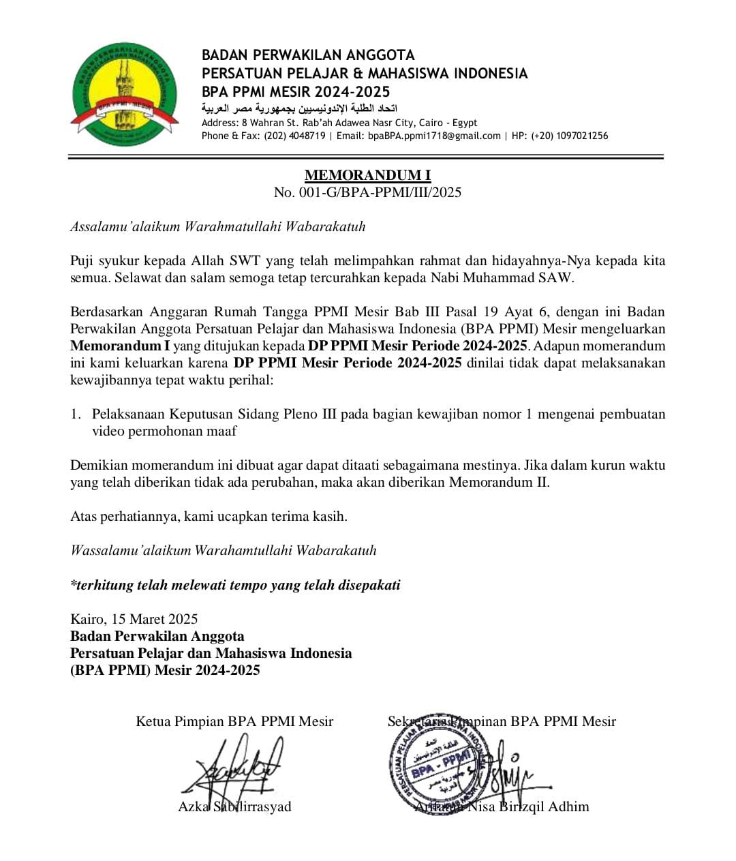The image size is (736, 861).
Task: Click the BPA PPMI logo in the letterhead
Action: [x=124, y=93]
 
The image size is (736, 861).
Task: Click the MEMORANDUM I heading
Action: [x=367, y=175]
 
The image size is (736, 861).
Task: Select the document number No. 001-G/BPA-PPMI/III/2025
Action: [x=367, y=192]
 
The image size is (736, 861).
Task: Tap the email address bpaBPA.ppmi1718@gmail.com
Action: [x=435, y=136]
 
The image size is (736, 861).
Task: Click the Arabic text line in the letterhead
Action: [x=300, y=108]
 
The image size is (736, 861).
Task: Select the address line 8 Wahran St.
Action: [x=339, y=123]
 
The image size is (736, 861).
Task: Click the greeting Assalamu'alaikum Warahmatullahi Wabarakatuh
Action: [x=218, y=226]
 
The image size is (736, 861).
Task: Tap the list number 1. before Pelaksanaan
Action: [x=76, y=414]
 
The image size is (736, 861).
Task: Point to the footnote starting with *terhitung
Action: [x=235, y=585]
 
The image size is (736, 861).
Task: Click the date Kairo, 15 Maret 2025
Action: [x=134, y=619]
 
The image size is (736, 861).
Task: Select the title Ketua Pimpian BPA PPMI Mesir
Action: [x=234, y=721]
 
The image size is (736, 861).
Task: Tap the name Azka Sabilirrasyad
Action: [x=234, y=806]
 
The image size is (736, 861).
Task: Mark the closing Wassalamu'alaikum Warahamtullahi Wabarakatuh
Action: [x=224, y=550]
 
